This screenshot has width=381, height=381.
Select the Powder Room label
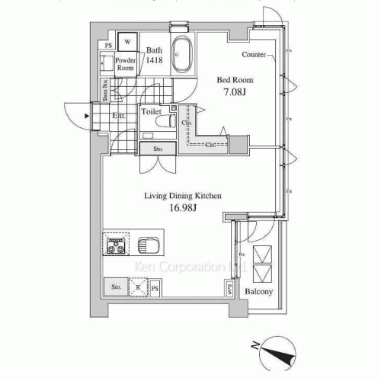[x=125, y=64]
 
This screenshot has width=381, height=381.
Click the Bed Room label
[x=235, y=80]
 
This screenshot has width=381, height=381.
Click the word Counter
[x=254, y=55]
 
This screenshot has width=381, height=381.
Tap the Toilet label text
[x=152, y=111]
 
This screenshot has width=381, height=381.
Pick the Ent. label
[x=120, y=116]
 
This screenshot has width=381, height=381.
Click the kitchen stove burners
[x=117, y=245]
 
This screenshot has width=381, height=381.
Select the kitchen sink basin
[x=149, y=246]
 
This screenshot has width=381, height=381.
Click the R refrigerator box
[x=138, y=287]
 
